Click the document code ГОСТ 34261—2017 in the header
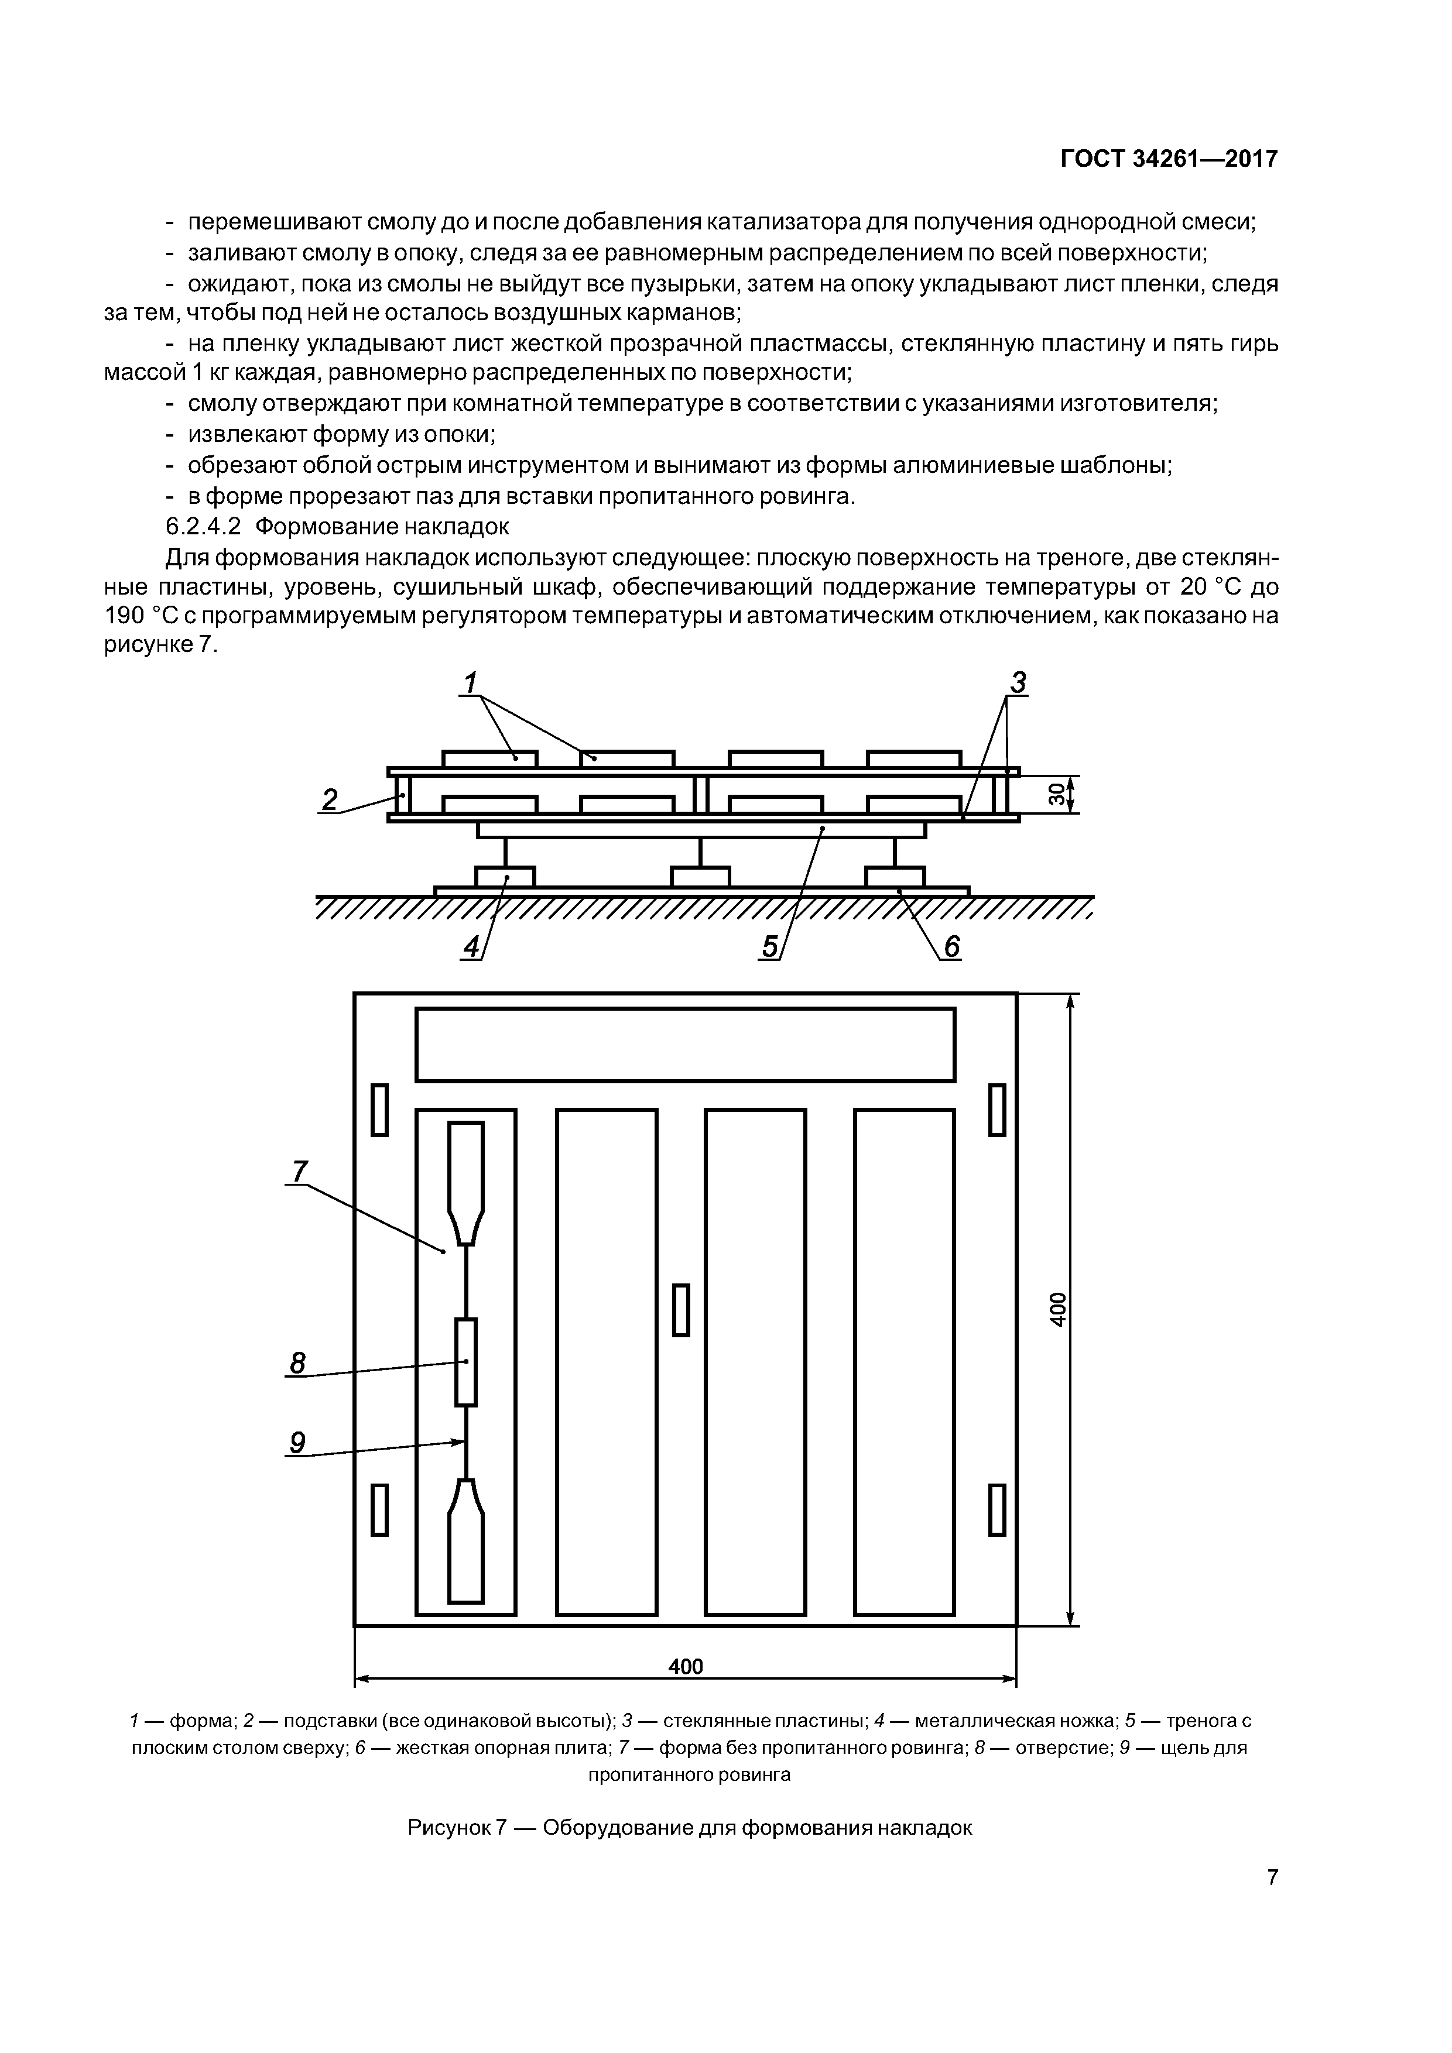pyautogui.click(x=1169, y=159)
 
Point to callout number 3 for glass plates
pyautogui.click(x=1017, y=682)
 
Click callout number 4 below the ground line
pyautogui.click(x=471, y=946)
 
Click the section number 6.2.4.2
pyautogui.click(x=204, y=526)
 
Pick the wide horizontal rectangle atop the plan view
pyautogui.click(x=685, y=1045)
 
